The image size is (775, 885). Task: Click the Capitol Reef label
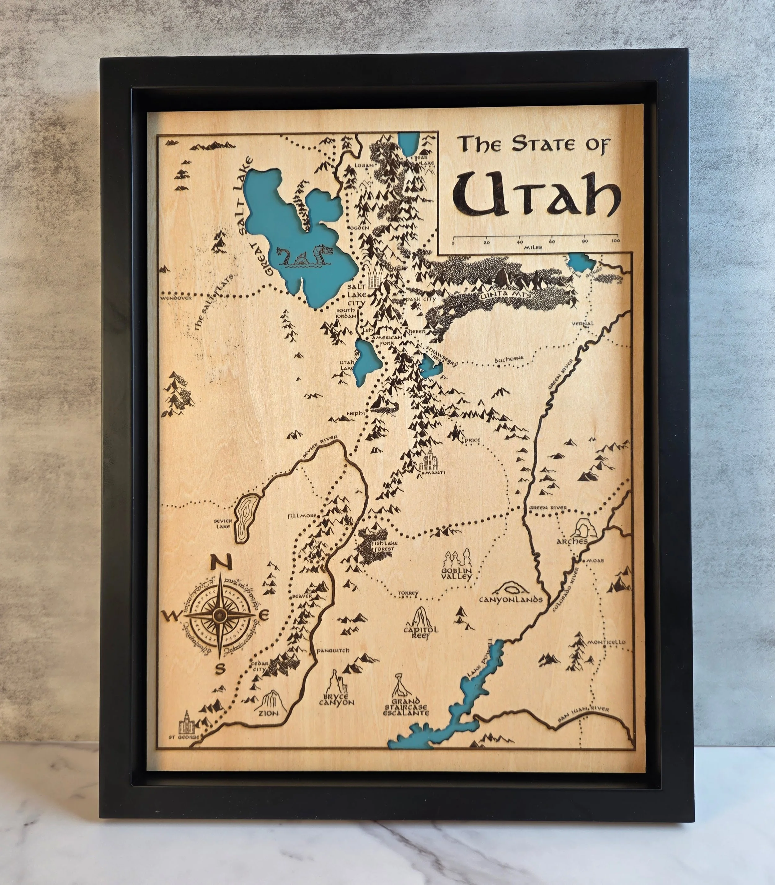click(421, 633)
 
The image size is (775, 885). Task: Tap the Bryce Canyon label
click(336, 700)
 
